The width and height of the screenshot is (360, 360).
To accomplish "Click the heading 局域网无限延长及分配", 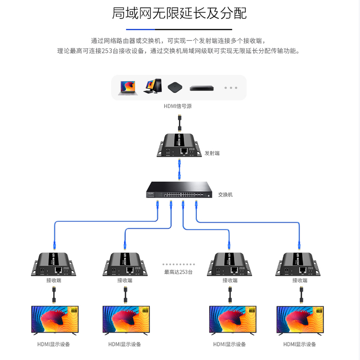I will click(179, 13).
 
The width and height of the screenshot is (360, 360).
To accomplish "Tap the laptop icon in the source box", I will click(126, 87).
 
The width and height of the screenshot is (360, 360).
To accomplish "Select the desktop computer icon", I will click(152, 86).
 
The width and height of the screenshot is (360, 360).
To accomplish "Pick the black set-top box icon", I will click(175, 87).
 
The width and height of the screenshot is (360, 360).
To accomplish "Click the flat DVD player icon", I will click(201, 88).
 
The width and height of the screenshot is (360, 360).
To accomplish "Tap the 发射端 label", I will click(212, 153).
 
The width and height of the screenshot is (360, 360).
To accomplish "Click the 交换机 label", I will click(226, 195).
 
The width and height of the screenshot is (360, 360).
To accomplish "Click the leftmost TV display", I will click(54, 320).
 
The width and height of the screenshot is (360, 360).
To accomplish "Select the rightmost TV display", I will click(299, 320).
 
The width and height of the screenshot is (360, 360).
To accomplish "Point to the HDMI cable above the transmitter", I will click(179, 122).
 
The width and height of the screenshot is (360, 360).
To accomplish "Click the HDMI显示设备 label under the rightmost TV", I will click(299, 344).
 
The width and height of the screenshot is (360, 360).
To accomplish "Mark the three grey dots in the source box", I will click(230, 88).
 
